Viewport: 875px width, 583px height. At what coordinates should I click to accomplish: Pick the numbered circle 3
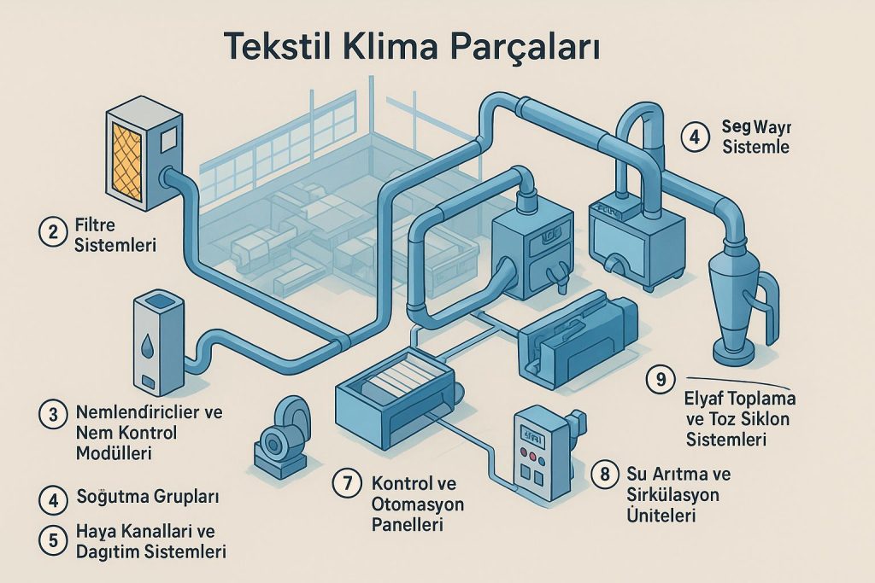click(54, 416)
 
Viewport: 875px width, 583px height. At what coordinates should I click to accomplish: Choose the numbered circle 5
click(54, 539)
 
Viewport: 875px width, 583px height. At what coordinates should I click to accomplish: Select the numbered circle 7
click(347, 483)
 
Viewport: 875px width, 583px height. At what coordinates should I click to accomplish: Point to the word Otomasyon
click(418, 504)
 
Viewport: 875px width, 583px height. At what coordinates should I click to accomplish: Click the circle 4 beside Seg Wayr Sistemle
click(695, 136)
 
